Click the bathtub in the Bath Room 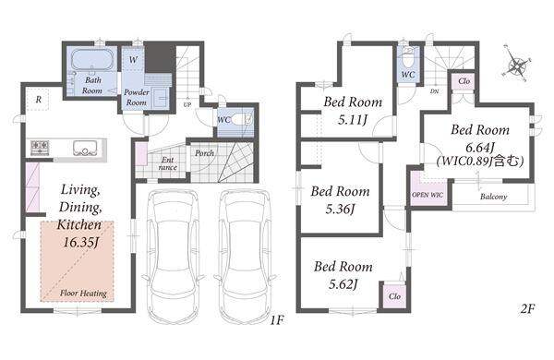(92, 59)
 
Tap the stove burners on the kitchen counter (40, 148)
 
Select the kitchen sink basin (85, 148)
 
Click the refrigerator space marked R (38, 100)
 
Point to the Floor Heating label (83, 294)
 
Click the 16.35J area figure (80, 243)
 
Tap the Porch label (204, 153)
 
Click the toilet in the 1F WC (243, 119)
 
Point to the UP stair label (187, 105)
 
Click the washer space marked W (133, 59)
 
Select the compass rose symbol (516, 65)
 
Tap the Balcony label (494, 197)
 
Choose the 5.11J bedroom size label (353, 120)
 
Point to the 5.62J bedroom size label (343, 284)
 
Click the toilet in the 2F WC (408, 59)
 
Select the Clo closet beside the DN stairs (464, 82)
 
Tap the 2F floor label (527, 309)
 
